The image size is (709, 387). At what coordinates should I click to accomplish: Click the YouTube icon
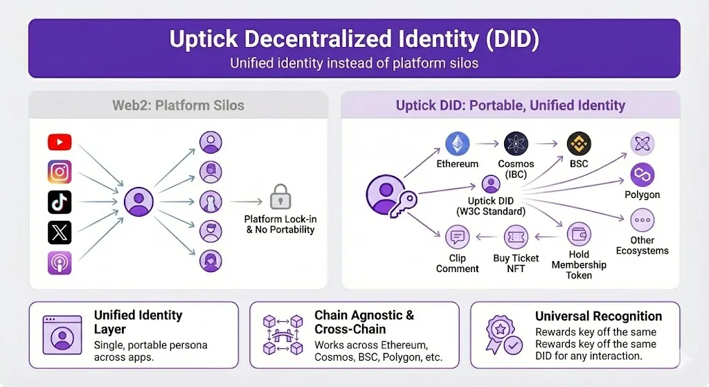click(60, 143)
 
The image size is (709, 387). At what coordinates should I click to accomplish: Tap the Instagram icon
click(60, 172)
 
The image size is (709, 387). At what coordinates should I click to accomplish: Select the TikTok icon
click(60, 201)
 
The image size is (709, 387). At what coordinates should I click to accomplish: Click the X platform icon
click(60, 232)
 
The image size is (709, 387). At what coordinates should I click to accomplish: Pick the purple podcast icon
click(60, 262)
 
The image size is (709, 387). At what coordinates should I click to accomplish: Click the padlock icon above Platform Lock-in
click(280, 197)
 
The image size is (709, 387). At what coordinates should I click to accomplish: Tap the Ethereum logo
click(457, 144)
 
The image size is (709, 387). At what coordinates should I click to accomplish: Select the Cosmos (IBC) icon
click(516, 144)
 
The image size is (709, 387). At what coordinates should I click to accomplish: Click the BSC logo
click(579, 144)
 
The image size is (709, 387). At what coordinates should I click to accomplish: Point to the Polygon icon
click(643, 175)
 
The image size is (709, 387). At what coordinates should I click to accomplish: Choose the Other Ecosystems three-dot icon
click(643, 220)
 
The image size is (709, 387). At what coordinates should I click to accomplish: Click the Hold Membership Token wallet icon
click(578, 236)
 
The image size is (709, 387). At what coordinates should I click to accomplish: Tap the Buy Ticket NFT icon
click(516, 237)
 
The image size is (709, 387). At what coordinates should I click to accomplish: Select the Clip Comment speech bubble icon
click(457, 237)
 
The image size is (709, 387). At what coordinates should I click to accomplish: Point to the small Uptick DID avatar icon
click(490, 185)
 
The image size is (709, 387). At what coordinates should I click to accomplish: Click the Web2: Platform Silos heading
click(178, 106)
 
